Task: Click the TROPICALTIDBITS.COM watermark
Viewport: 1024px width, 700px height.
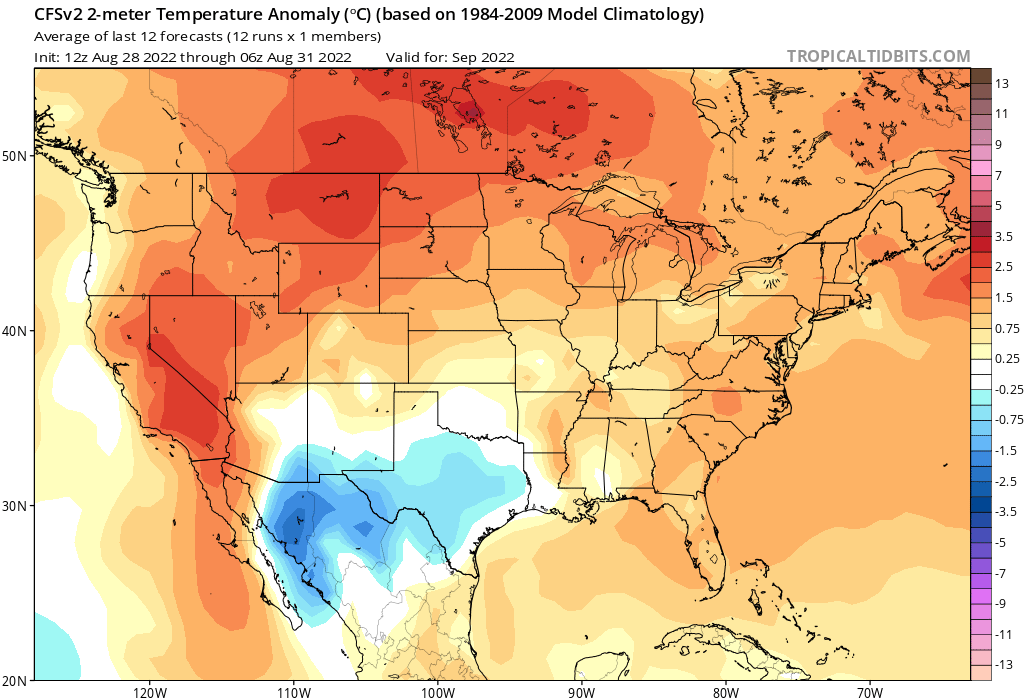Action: click(x=878, y=57)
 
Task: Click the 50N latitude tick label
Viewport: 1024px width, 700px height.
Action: click(x=14, y=156)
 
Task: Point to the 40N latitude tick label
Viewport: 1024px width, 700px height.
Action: click(x=14, y=331)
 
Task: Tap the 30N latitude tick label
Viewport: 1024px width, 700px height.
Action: click(x=14, y=506)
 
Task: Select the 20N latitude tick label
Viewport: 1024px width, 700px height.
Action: click(x=14, y=681)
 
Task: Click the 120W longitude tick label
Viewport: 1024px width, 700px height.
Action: click(x=148, y=692)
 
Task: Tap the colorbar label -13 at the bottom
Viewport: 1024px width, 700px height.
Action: click(x=1005, y=664)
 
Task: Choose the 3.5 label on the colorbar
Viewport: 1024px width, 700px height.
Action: click(x=1005, y=237)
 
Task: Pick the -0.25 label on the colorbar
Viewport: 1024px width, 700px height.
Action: click(x=1008, y=389)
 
